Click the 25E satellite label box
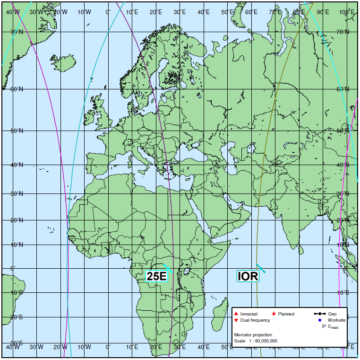click(157, 276)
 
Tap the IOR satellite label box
click(248, 276)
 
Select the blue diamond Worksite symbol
click(320, 320)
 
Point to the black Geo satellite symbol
click(320, 314)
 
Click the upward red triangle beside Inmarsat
click(236, 314)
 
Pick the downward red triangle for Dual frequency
click(236, 320)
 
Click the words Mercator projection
click(253, 335)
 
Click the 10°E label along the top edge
click(133, 12)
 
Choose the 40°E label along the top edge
click(204, 12)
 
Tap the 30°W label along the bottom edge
click(37, 347)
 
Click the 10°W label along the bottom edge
click(85, 347)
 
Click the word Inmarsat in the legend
click(249, 314)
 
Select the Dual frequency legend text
click(255, 320)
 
